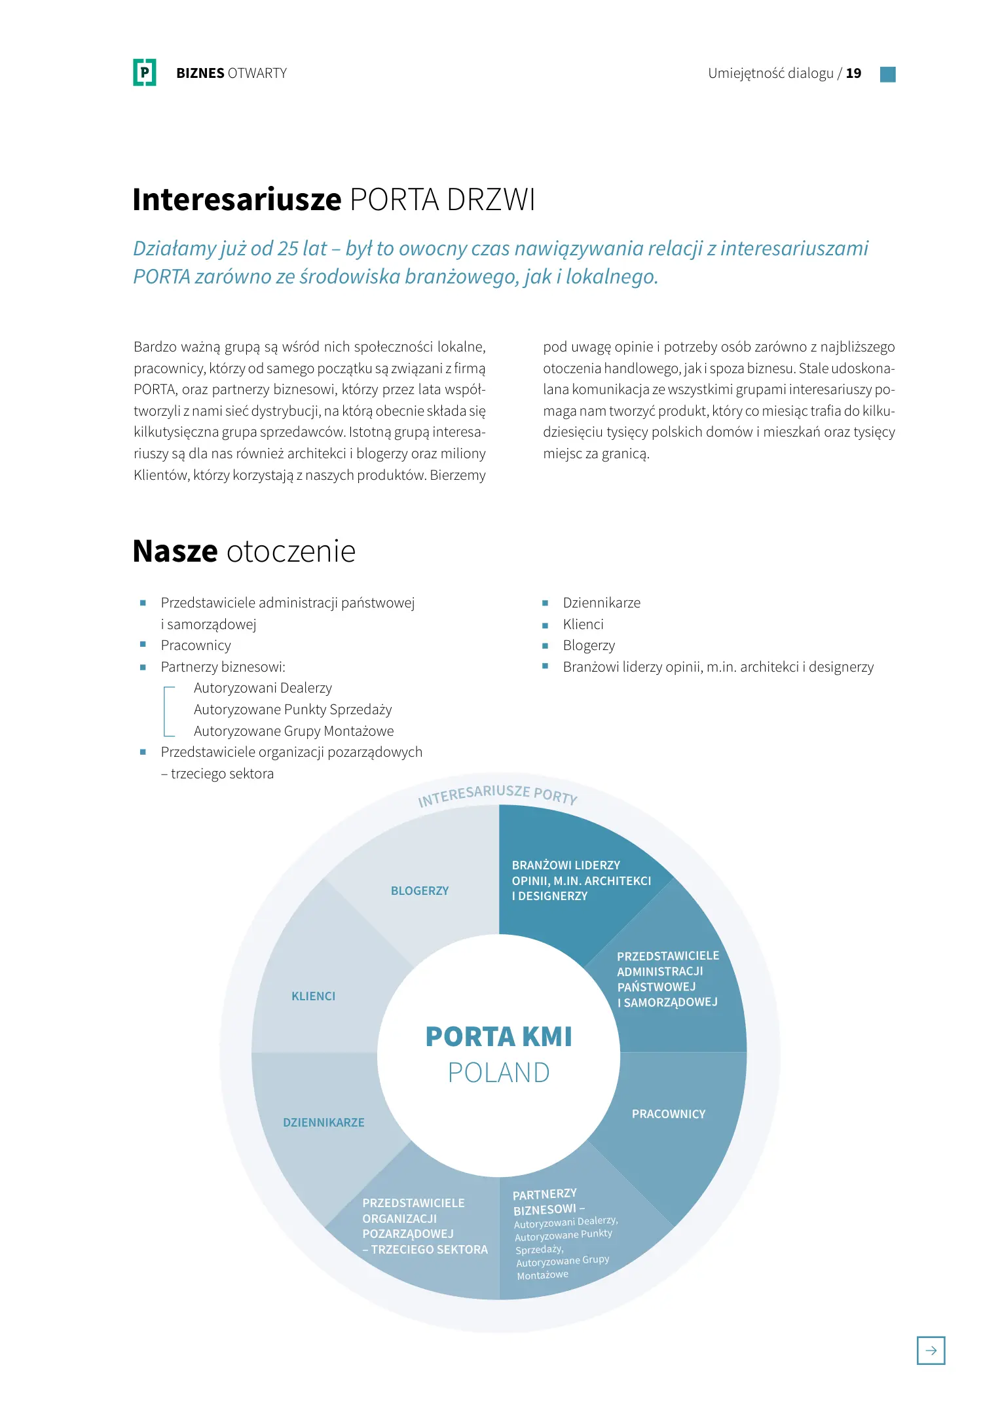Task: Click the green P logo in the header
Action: (144, 72)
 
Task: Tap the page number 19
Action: (853, 73)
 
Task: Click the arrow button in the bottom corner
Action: (931, 1350)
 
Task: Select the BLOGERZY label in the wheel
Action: (420, 891)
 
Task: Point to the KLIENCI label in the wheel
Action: (313, 996)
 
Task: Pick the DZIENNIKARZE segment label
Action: (324, 1123)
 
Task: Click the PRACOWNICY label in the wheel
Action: (669, 1114)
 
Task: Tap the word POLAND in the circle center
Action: (499, 1073)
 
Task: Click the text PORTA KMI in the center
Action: (499, 1037)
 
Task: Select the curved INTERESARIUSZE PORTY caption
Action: (498, 795)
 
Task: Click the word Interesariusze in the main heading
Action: (237, 200)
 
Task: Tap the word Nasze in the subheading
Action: (175, 551)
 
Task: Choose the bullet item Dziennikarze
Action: (601, 603)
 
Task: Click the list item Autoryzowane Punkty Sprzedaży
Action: (293, 710)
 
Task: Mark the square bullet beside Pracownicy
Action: (143, 645)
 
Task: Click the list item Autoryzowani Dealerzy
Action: (263, 688)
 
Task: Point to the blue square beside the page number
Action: (887, 74)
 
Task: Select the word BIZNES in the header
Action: (200, 73)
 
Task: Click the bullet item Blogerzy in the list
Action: (589, 645)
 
